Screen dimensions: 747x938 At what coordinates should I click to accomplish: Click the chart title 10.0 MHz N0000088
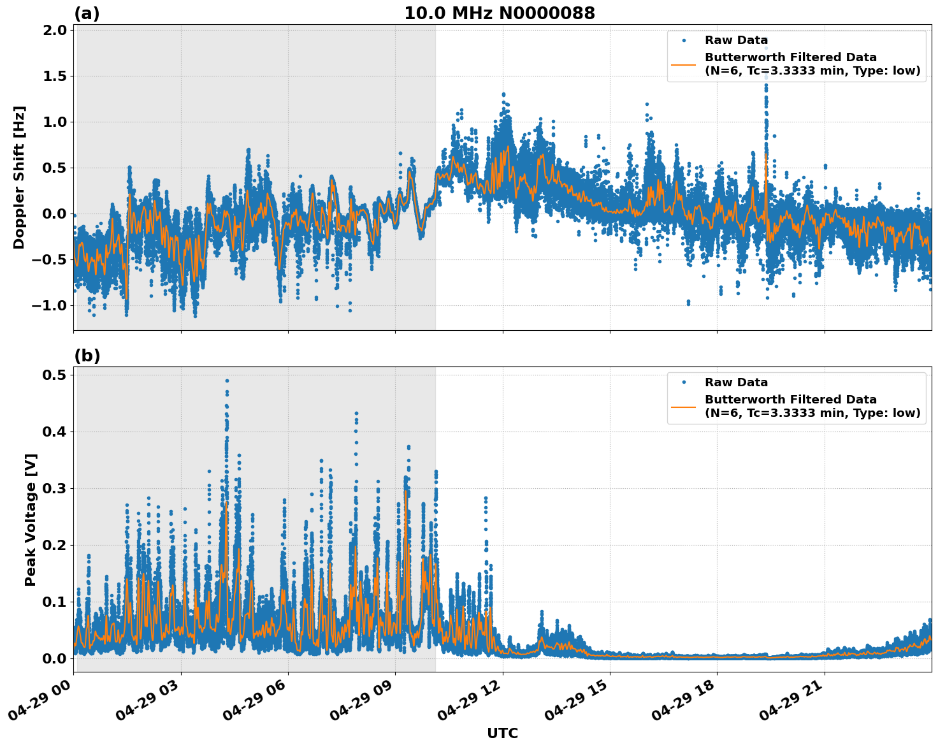coord(500,13)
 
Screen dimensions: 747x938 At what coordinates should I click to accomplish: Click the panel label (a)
coord(87,13)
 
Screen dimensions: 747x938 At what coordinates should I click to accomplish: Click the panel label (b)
coord(87,356)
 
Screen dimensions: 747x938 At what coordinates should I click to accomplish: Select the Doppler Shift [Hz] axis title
coord(19,177)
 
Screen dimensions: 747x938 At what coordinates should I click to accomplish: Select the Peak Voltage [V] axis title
coord(30,519)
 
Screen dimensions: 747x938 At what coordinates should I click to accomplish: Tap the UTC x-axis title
coord(502,733)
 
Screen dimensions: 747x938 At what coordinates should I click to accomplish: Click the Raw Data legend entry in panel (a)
coord(736,40)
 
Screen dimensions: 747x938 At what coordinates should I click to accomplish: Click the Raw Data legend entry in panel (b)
coord(736,382)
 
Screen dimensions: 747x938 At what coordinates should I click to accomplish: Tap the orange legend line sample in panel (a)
coord(683,64)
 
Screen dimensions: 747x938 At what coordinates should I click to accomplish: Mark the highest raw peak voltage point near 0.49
coord(227,381)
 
